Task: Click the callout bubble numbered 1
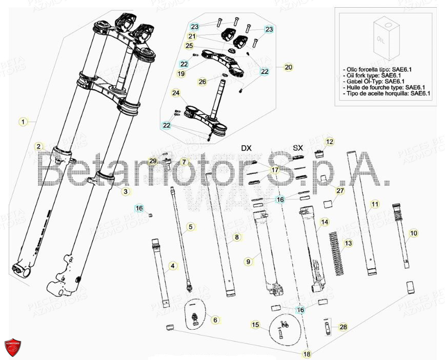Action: click(22, 122)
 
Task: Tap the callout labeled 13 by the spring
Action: click(348, 243)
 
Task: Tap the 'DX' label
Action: click(246, 148)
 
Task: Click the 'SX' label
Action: click(298, 148)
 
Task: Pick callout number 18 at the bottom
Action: click(307, 353)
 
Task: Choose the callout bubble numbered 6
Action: click(215, 319)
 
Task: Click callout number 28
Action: click(343, 327)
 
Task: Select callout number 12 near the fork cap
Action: click(329, 141)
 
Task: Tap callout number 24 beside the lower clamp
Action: click(176, 93)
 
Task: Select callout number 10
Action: click(414, 233)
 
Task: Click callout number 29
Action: click(152, 161)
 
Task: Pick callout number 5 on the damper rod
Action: click(190, 226)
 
